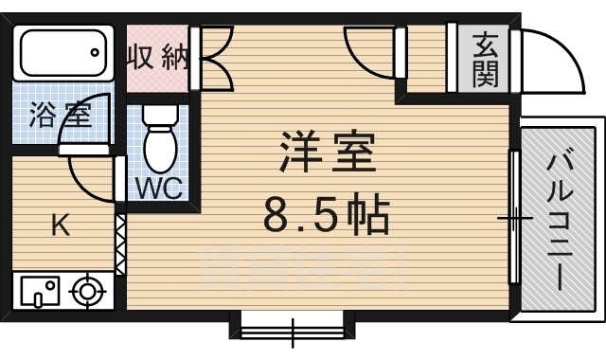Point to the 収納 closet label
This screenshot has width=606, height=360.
(158, 60)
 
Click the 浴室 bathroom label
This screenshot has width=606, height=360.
(59, 117)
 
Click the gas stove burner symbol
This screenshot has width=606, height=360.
(88, 291)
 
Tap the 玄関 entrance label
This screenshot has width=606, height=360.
(485, 59)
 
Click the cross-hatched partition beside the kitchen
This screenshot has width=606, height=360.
(120, 244)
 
